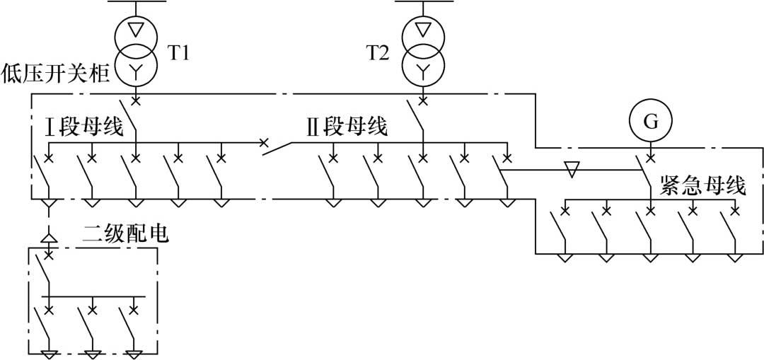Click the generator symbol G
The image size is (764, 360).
[651, 121]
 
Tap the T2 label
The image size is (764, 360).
[377, 53]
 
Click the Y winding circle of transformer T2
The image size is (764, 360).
[423, 69]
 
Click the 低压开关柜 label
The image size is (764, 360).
[57, 73]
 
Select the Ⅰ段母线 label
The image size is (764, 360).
[85, 128]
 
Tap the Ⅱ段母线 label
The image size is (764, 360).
[347, 128]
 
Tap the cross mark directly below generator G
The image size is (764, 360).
[651, 154]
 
